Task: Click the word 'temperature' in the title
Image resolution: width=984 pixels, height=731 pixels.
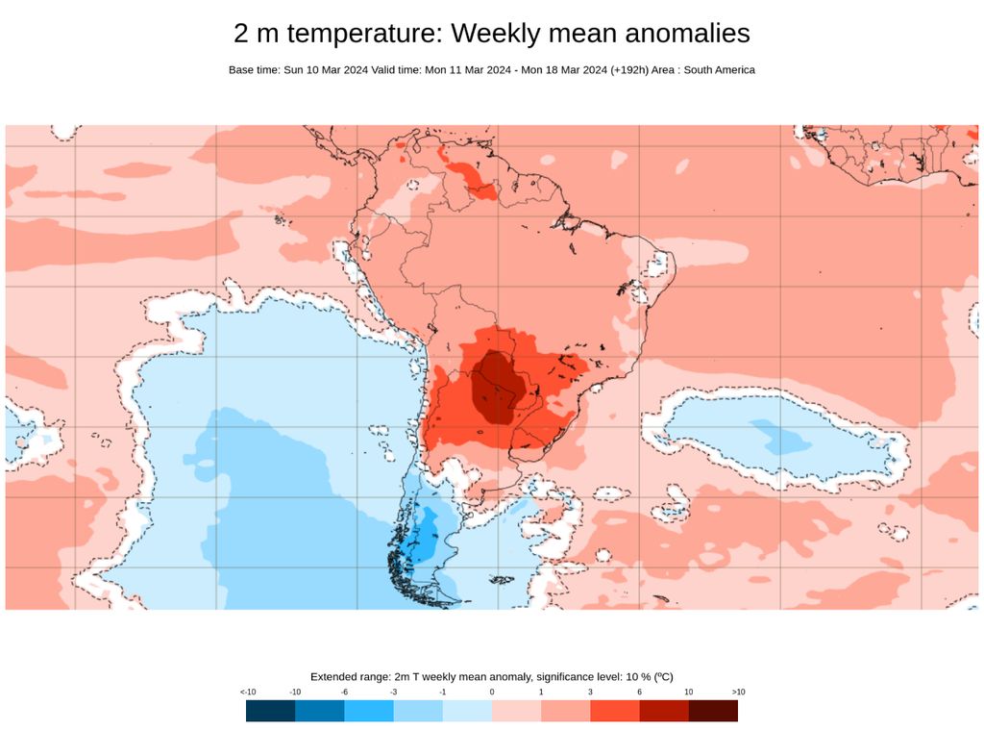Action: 365,33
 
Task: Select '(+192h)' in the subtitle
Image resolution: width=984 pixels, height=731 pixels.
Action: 628,70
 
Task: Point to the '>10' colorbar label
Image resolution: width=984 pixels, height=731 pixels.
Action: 737,693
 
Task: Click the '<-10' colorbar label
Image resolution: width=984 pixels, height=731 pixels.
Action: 247,693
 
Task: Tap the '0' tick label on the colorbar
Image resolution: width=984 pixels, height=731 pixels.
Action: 491,693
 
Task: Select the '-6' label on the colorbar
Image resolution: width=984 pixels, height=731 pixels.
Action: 345,693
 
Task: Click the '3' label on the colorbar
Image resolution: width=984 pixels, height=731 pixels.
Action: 590,693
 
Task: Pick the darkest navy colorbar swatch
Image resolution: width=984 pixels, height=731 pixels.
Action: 270,711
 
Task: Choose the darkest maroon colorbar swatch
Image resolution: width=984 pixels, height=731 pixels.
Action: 713,711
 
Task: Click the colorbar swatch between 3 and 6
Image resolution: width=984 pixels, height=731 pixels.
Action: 614,711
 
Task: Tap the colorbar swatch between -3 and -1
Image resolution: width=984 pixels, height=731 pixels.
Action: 418,711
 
